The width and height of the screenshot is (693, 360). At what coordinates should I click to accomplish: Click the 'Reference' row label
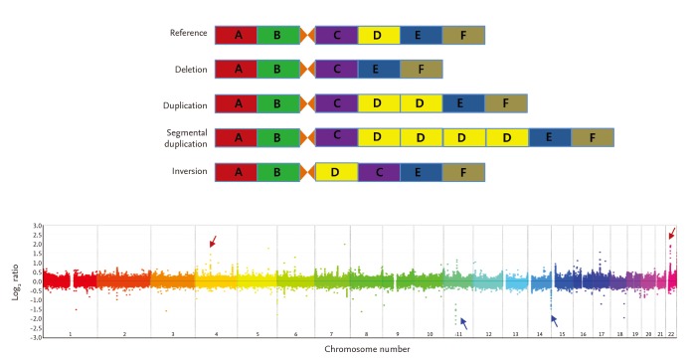tap(188, 35)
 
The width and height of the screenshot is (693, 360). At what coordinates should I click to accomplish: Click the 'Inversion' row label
tap(189, 172)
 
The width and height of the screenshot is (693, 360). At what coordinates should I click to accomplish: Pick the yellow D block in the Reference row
tap(378, 35)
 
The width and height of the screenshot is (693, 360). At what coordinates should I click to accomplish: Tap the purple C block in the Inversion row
tap(379, 172)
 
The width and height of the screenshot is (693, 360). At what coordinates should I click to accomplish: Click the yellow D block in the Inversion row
tap(336, 172)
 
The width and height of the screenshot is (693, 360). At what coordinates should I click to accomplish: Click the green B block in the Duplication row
tap(277, 103)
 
